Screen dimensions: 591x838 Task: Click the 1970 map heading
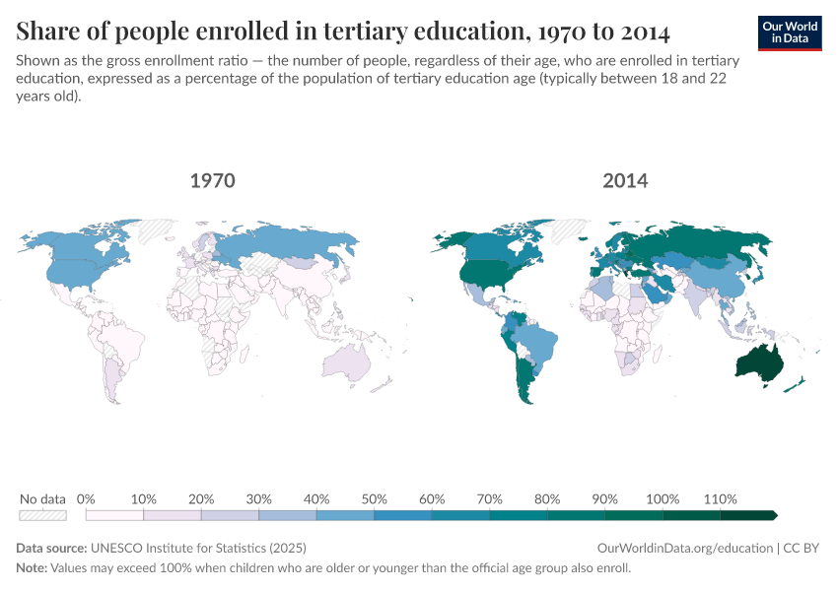click(x=212, y=181)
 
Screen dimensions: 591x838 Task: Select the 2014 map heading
click(x=624, y=181)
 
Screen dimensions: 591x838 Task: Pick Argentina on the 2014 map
click(x=521, y=380)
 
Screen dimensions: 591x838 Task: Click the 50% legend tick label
click(x=375, y=499)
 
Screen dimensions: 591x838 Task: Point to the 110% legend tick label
click(x=721, y=499)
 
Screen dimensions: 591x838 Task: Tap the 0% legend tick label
click(x=86, y=499)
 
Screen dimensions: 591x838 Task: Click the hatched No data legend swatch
click(x=42, y=514)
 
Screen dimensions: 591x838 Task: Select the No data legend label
click(x=42, y=499)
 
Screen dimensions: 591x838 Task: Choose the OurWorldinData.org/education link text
click(x=684, y=548)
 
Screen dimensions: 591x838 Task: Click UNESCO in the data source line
click(x=120, y=548)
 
